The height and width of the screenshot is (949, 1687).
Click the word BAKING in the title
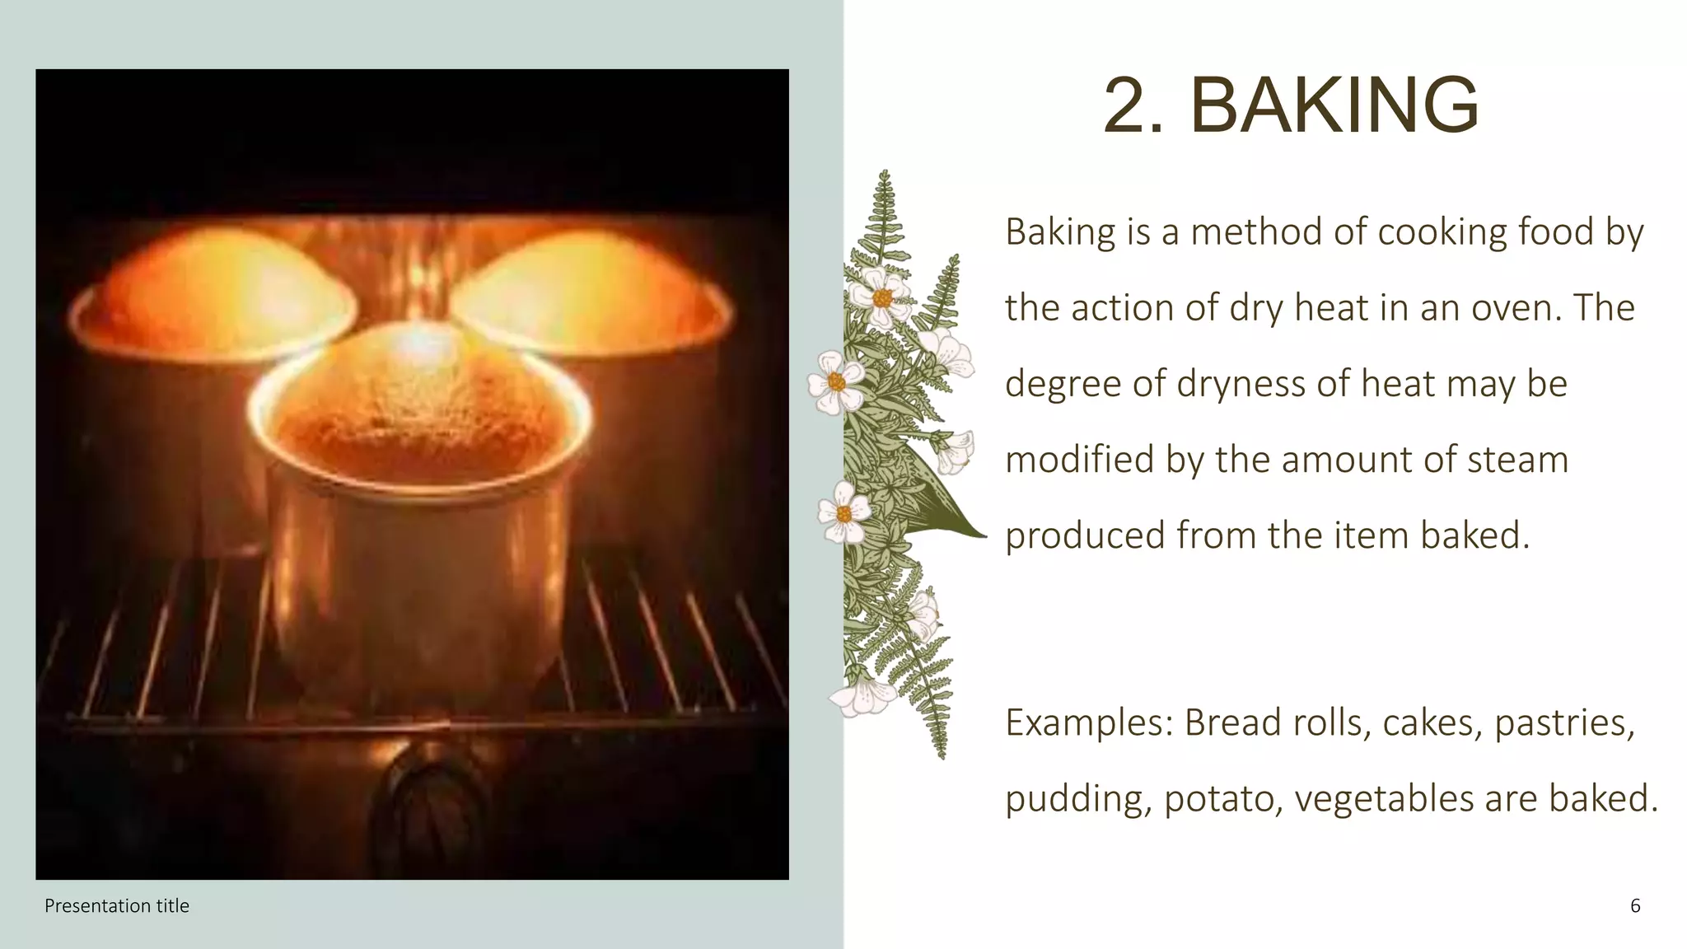[x=1334, y=105]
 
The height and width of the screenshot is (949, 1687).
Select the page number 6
[x=1635, y=906]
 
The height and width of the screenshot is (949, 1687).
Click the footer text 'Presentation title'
[x=117, y=906]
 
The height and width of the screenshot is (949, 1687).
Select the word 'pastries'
[x=1562, y=723]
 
